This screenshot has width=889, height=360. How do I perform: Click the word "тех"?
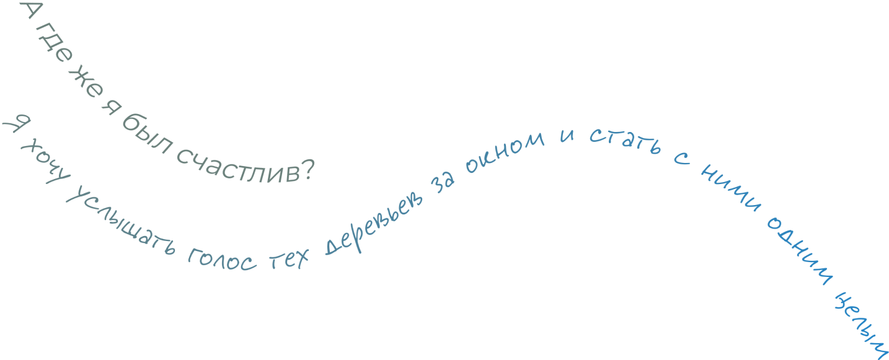288,260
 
